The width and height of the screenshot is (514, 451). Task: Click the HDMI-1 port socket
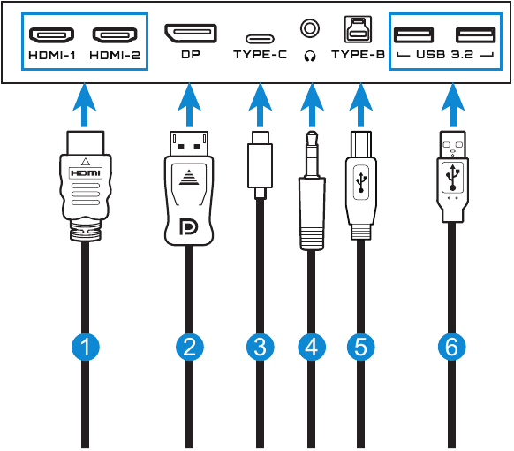tap(51, 35)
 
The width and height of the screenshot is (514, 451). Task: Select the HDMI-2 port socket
tap(115, 35)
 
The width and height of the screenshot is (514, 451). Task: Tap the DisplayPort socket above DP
tap(191, 33)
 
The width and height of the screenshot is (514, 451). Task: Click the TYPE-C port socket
tap(260, 39)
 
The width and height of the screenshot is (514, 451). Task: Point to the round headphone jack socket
tap(310, 28)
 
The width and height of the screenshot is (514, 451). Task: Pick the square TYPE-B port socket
tap(358, 29)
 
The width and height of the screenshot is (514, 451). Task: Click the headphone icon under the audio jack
tap(310, 56)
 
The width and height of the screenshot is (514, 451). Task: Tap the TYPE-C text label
tap(260, 55)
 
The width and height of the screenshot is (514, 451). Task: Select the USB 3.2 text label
tap(445, 55)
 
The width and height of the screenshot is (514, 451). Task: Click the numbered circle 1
tap(86, 347)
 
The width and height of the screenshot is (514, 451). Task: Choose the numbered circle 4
tap(312, 347)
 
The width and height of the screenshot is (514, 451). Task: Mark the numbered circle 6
tap(451, 347)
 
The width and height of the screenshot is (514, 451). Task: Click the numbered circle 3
tap(261, 347)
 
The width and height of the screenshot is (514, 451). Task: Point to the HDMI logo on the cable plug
tap(86, 173)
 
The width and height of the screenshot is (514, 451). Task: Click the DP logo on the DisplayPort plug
tap(188, 226)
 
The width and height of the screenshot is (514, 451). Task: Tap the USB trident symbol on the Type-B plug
tap(361, 182)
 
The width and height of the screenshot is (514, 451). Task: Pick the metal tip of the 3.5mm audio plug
tap(312, 154)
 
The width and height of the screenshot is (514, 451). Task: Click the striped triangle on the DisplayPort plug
tap(189, 177)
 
